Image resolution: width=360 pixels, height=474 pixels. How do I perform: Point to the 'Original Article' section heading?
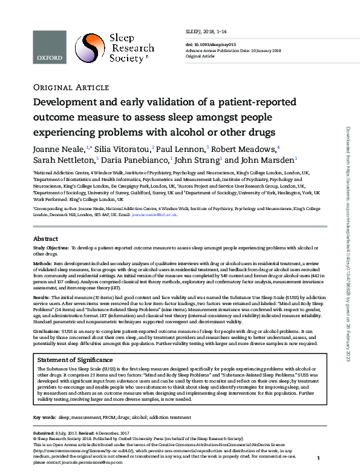coord(64,87)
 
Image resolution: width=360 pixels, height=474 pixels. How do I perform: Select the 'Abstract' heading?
coord(45,239)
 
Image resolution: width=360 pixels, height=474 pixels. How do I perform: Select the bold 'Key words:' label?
coord(45,418)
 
